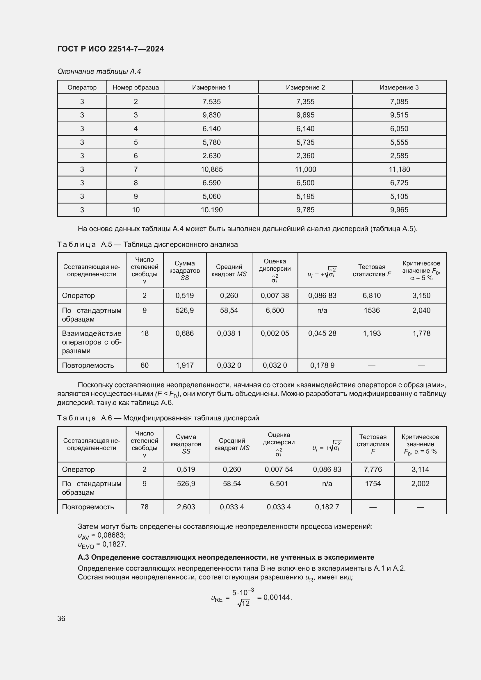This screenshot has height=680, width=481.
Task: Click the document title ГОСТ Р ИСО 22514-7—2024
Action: coord(111,49)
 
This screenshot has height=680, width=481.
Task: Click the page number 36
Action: coord(61,618)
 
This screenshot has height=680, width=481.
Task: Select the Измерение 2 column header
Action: coord(305,88)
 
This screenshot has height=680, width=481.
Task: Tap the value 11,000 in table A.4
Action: coord(305,169)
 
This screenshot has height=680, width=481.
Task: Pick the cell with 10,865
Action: coord(211,169)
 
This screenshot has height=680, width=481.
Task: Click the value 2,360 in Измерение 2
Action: coord(305,156)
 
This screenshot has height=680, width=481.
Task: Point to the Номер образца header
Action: coord(136,88)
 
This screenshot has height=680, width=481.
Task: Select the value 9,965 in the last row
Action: coord(399,210)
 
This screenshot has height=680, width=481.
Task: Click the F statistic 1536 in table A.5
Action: coord(372,310)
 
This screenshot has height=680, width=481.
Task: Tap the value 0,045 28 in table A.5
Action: coord(322,333)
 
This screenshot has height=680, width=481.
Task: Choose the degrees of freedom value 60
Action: coord(145,365)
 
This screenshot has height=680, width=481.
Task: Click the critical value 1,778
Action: coord(421,333)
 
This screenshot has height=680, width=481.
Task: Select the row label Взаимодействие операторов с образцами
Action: coord(92,342)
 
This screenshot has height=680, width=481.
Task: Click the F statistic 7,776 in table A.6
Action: coord(373,470)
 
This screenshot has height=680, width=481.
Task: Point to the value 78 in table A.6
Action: coord(145,507)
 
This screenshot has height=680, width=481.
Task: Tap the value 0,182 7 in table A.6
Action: coord(327,507)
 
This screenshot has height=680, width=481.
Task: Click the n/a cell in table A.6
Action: coord(327,484)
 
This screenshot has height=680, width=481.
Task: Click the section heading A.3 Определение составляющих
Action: coord(226,557)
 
